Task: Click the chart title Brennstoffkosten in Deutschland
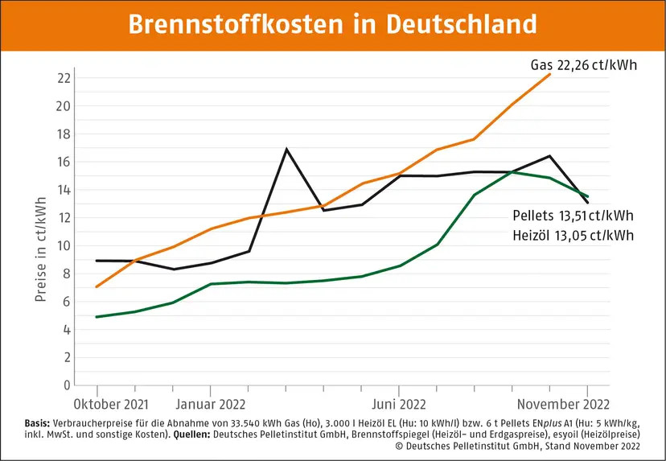(332, 23)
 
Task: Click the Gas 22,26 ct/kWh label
(583, 64)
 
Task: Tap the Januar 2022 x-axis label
(210, 404)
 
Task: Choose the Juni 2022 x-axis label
(399, 404)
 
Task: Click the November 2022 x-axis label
(561, 404)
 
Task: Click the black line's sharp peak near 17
(286, 149)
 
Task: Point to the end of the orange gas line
(550, 74)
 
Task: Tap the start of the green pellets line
(97, 317)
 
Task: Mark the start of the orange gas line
(97, 286)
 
